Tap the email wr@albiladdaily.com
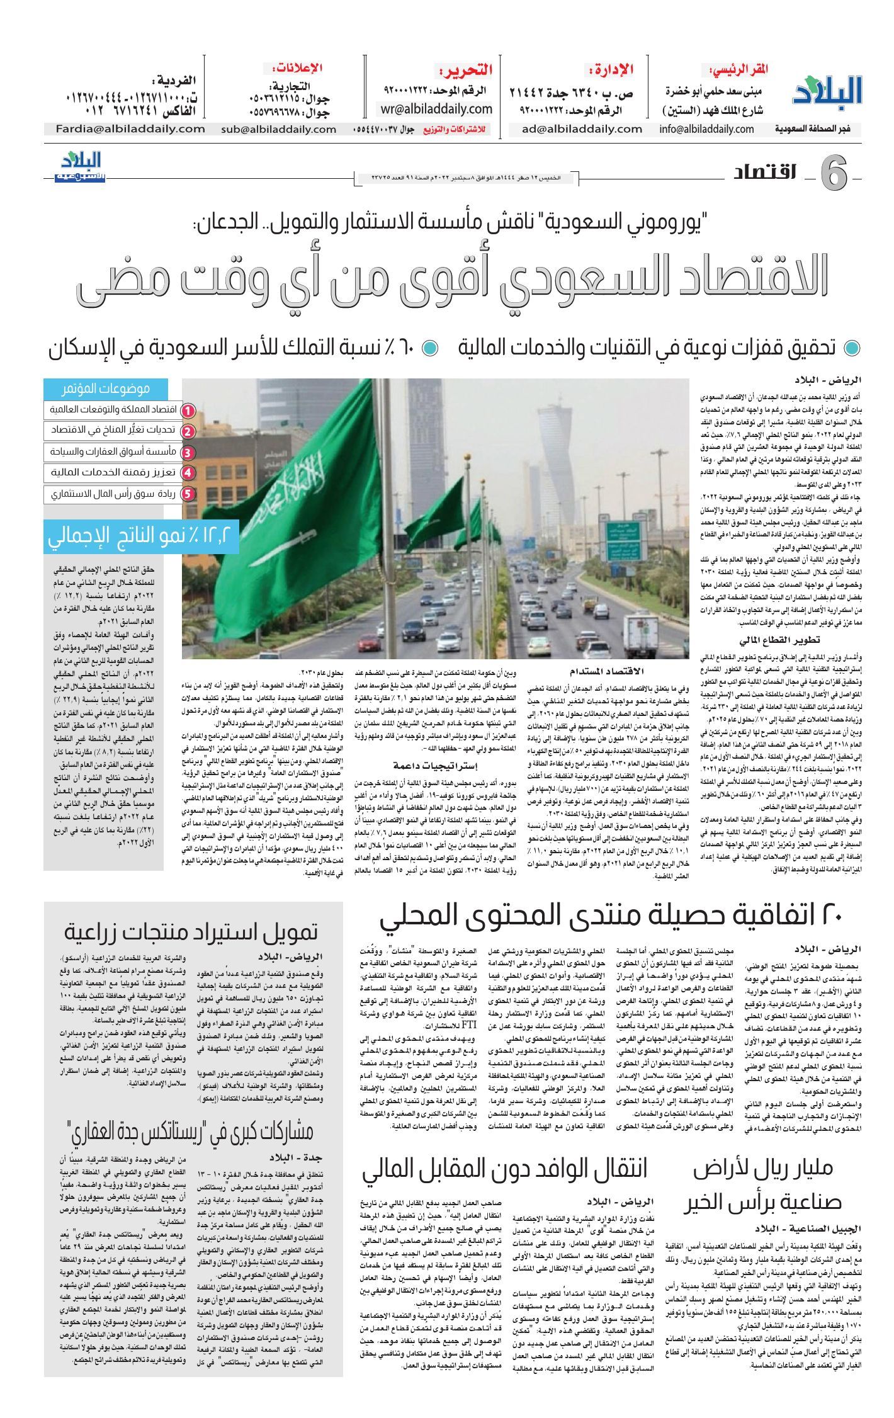436,110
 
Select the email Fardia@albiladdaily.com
125,129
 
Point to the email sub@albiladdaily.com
279,129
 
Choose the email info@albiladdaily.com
706,129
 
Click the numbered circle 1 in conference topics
187,411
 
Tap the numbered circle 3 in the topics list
187,452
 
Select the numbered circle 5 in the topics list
187,494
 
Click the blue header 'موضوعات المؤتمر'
105,389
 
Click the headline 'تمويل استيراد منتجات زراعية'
191,931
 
